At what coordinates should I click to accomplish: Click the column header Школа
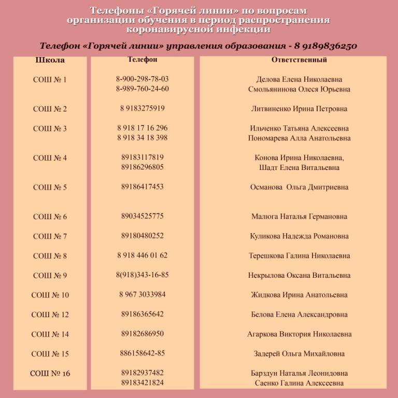tap(50, 60)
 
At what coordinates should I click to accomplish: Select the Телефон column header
tap(143, 60)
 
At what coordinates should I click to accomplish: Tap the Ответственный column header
tap(299, 60)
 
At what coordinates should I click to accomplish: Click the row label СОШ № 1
tap(50, 80)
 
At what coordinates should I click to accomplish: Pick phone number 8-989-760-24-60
tap(143, 89)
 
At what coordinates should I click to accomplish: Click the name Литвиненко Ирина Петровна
tap(299, 109)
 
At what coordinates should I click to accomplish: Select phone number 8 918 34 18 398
tap(143, 137)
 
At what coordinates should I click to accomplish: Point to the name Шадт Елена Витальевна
tap(299, 167)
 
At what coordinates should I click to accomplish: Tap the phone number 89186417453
tap(143, 187)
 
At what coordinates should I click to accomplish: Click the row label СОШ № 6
tap(50, 217)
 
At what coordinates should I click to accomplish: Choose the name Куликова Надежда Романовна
tap(299, 236)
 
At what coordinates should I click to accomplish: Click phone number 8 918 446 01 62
tap(143, 255)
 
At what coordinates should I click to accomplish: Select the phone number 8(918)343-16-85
tap(143, 275)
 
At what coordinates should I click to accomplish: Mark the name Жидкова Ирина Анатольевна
tap(299, 295)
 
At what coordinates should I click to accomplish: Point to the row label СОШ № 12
tap(50, 315)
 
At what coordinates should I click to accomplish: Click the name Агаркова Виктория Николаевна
tap(299, 334)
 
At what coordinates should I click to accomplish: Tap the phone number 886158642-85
tap(143, 353)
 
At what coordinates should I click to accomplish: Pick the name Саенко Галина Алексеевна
tap(299, 383)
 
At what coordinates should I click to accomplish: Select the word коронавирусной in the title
tap(170, 30)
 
